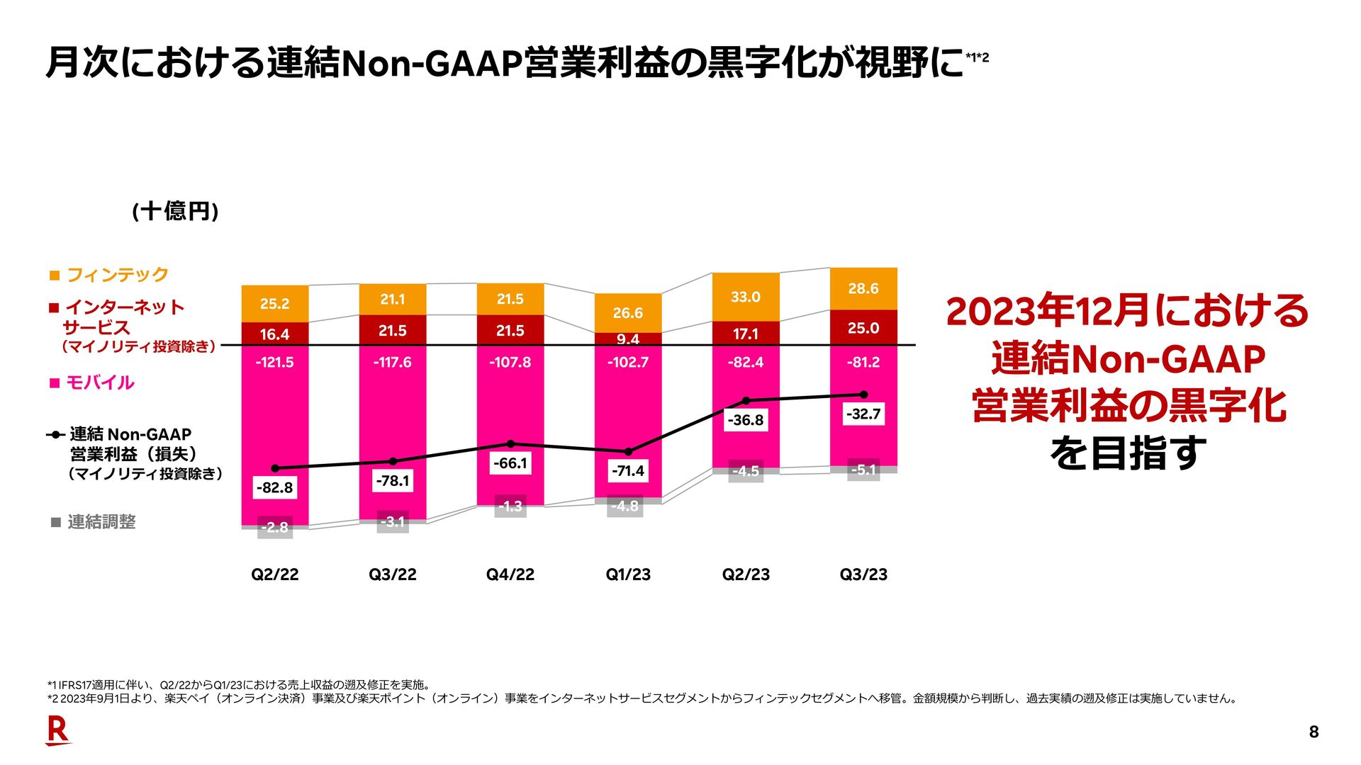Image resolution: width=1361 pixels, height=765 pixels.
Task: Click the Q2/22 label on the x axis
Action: [x=274, y=574]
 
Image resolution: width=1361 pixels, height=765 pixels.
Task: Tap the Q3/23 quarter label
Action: [x=863, y=574]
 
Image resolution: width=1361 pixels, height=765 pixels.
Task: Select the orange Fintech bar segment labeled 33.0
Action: [x=746, y=297]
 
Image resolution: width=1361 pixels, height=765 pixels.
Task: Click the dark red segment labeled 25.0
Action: [x=863, y=328]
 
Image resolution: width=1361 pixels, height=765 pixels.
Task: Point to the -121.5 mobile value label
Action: [x=274, y=363]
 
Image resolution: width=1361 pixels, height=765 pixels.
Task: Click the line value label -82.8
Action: [x=274, y=487]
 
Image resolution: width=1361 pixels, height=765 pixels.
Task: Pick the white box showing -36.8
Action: [x=746, y=420]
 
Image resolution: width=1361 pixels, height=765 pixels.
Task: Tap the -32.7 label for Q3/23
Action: [x=863, y=414]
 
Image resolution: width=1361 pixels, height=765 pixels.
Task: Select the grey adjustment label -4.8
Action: [x=625, y=506]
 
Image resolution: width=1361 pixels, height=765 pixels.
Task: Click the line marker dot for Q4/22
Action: [x=511, y=444]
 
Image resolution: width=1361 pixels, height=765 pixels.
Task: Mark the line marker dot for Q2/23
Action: [x=746, y=401]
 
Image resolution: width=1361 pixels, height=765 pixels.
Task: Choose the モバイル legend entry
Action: [x=100, y=383]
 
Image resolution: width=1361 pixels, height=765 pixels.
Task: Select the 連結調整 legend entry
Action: [x=101, y=522]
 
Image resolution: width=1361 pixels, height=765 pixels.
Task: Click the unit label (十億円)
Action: [x=175, y=211]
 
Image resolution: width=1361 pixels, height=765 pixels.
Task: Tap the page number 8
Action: [x=1314, y=732]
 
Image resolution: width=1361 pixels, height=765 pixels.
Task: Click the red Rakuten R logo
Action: [x=57, y=730]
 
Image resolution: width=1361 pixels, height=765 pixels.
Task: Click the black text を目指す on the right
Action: [x=1127, y=453]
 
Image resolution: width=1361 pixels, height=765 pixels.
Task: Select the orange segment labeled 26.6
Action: [x=628, y=312]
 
